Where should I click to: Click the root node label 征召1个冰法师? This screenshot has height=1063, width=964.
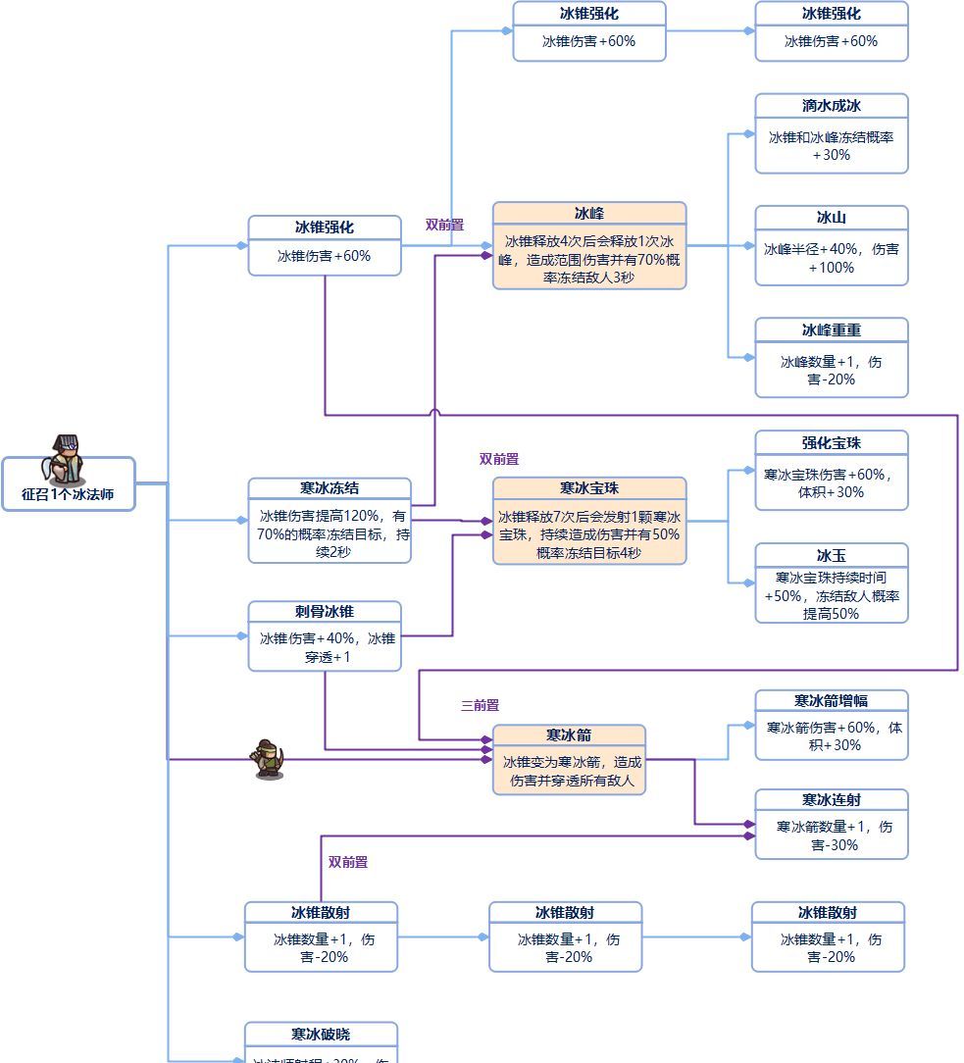[68, 494]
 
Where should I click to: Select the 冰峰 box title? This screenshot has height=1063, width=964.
[588, 214]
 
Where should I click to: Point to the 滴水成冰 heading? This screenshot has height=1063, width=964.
[831, 106]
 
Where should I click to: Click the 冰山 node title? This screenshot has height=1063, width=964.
[831, 218]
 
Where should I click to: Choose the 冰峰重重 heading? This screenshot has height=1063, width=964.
[831, 329]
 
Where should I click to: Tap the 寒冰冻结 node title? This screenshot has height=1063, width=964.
[329, 488]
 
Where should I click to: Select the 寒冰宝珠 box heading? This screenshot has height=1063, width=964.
[588, 488]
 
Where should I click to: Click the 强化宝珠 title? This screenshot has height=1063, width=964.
[831, 442]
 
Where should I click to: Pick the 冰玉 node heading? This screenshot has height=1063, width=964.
[831, 555]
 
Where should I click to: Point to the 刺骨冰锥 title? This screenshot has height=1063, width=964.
[324, 612]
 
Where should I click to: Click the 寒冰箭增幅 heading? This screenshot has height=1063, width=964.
[831, 701]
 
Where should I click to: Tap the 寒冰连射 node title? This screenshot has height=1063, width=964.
[831, 800]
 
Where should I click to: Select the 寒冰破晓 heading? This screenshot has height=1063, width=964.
[320, 1035]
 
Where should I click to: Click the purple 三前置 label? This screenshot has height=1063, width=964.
[480, 705]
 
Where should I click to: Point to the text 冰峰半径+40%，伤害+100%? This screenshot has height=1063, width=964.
[831, 258]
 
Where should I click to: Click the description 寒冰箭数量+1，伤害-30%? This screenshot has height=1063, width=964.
[831, 835]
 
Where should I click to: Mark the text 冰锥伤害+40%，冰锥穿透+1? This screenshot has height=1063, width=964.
[326, 647]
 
